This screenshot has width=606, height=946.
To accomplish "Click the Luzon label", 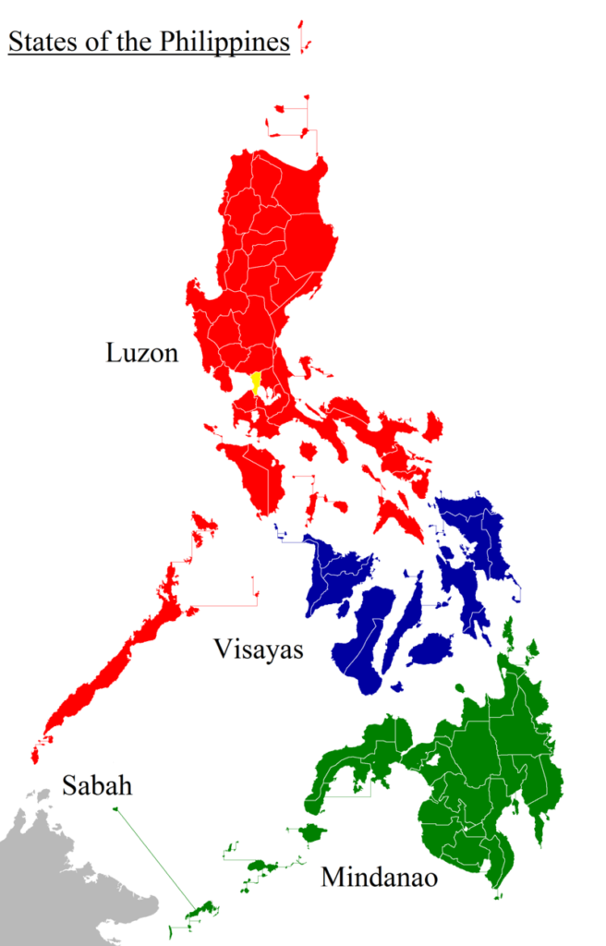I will point(141,353).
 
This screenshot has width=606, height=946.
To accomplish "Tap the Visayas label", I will point(258,649).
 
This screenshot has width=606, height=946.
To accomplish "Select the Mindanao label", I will point(379,877).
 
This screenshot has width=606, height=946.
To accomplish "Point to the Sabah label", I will point(97,786).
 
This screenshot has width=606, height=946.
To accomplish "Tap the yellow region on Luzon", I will point(256,382).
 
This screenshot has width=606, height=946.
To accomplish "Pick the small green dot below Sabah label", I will point(115,810).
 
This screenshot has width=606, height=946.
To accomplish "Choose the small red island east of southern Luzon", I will point(432,426).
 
